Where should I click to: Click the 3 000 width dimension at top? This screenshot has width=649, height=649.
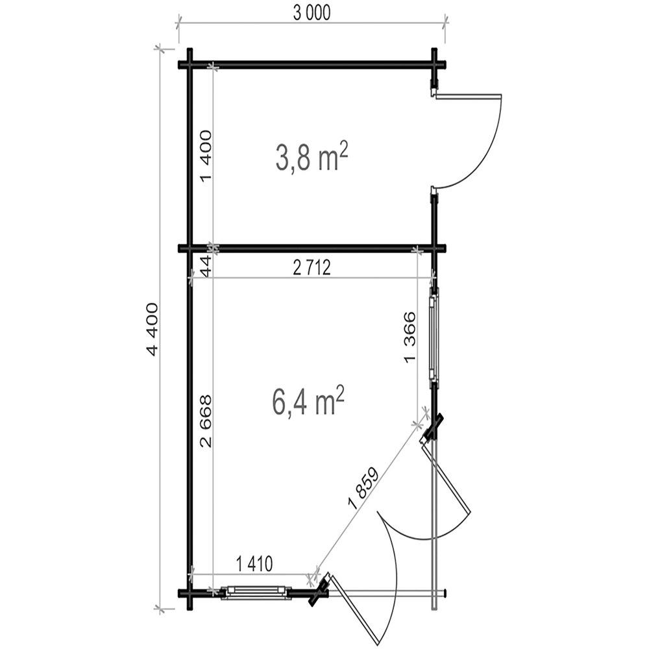point(312,13)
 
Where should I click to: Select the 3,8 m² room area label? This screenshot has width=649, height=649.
point(312,157)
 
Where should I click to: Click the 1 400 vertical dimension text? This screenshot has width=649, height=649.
point(206,156)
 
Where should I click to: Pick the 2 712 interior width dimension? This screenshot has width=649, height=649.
point(312,268)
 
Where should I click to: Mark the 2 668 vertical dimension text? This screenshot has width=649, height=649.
point(206,421)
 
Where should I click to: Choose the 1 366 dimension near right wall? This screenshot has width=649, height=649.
point(410,337)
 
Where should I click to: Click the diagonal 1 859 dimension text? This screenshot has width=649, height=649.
point(364,488)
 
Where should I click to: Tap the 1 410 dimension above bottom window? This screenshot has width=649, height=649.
point(254,564)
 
